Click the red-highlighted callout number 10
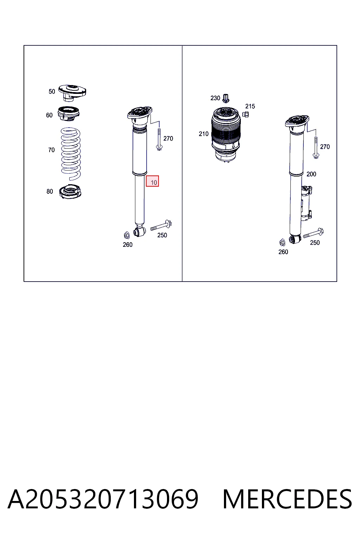tap(152, 181)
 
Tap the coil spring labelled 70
tap(70, 154)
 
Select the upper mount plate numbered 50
tap(72, 93)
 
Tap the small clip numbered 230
tap(226, 98)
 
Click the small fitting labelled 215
tap(245, 114)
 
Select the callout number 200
tap(311, 174)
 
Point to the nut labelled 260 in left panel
tap(126, 235)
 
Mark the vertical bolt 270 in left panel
tap(159, 140)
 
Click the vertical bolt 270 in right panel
tap(316, 147)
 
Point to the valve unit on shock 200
tap(306, 203)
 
